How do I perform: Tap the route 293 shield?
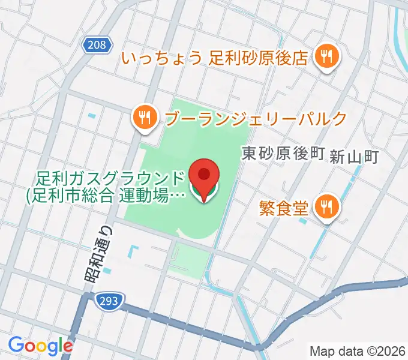coord(110,298)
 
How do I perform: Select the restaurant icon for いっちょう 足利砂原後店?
coord(328,58)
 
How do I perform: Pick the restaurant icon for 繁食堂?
coord(328,208)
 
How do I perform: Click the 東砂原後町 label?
coord(283,154)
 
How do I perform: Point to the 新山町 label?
coord(355,157)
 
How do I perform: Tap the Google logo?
coord(40,346)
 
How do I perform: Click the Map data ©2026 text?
coord(358,350)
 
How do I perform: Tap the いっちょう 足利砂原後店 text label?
coord(215,58)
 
